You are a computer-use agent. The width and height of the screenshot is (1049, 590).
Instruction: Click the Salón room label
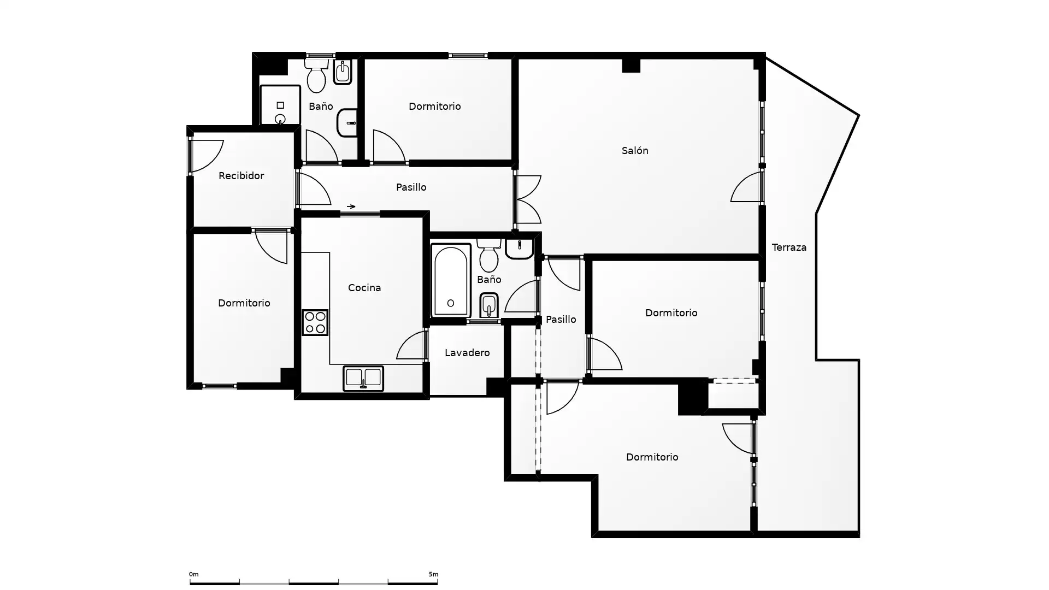tap(635, 151)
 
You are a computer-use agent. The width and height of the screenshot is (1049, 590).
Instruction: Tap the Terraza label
tap(789, 247)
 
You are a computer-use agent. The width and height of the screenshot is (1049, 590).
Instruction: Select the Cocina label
tap(364, 288)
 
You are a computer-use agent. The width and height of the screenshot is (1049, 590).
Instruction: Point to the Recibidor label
tap(241, 176)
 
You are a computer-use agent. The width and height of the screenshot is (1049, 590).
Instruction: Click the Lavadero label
tap(467, 353)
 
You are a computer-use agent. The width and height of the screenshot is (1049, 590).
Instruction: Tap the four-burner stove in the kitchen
tap(315, 322)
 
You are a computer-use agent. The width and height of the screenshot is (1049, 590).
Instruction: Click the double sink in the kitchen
tap(363, 379)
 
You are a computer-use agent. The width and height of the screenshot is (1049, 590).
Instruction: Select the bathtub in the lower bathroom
tap(451, 281)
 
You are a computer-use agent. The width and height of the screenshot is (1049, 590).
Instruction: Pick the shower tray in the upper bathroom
tap(280, 105)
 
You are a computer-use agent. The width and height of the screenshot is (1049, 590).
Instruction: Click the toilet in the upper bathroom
tap(316, 75)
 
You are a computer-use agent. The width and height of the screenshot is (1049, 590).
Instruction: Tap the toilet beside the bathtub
tap(488, 256)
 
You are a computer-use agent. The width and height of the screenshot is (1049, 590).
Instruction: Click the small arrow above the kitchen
tap(351, 206)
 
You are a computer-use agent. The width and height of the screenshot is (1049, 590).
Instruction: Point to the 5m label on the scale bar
tap(433, 574)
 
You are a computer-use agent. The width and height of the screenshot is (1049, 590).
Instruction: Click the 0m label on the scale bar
tap(194, 574)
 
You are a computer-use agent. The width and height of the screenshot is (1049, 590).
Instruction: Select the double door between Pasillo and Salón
tap(528, 199)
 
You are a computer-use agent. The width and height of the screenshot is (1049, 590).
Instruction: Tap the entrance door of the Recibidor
tap(207, 156)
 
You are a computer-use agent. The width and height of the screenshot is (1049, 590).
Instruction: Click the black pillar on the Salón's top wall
tap(631, 65)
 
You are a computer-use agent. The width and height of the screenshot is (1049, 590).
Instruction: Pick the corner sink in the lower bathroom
tap(519, 249)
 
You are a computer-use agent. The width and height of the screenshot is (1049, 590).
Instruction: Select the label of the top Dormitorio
tap(435, 107)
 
